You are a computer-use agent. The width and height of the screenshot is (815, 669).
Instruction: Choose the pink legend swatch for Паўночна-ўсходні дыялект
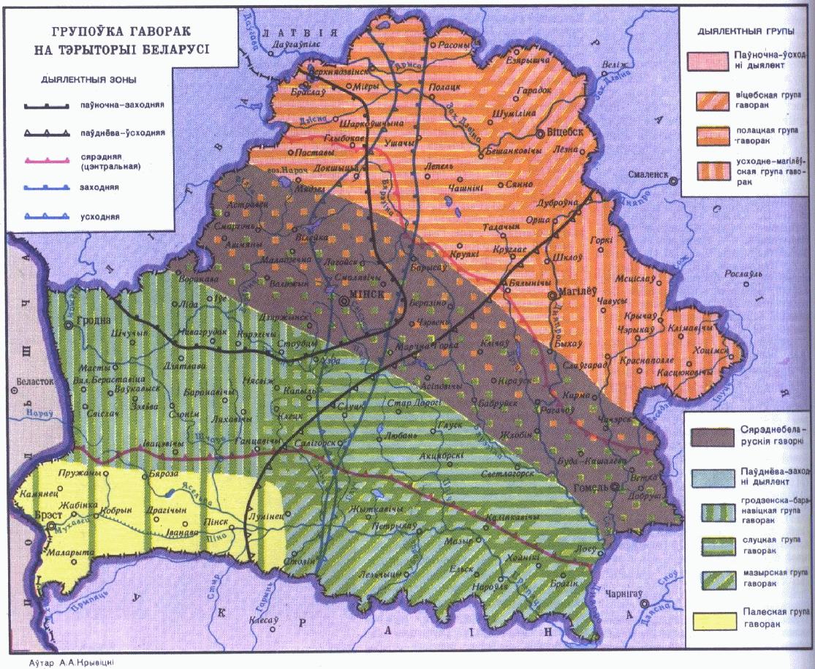tap(709, 61)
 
